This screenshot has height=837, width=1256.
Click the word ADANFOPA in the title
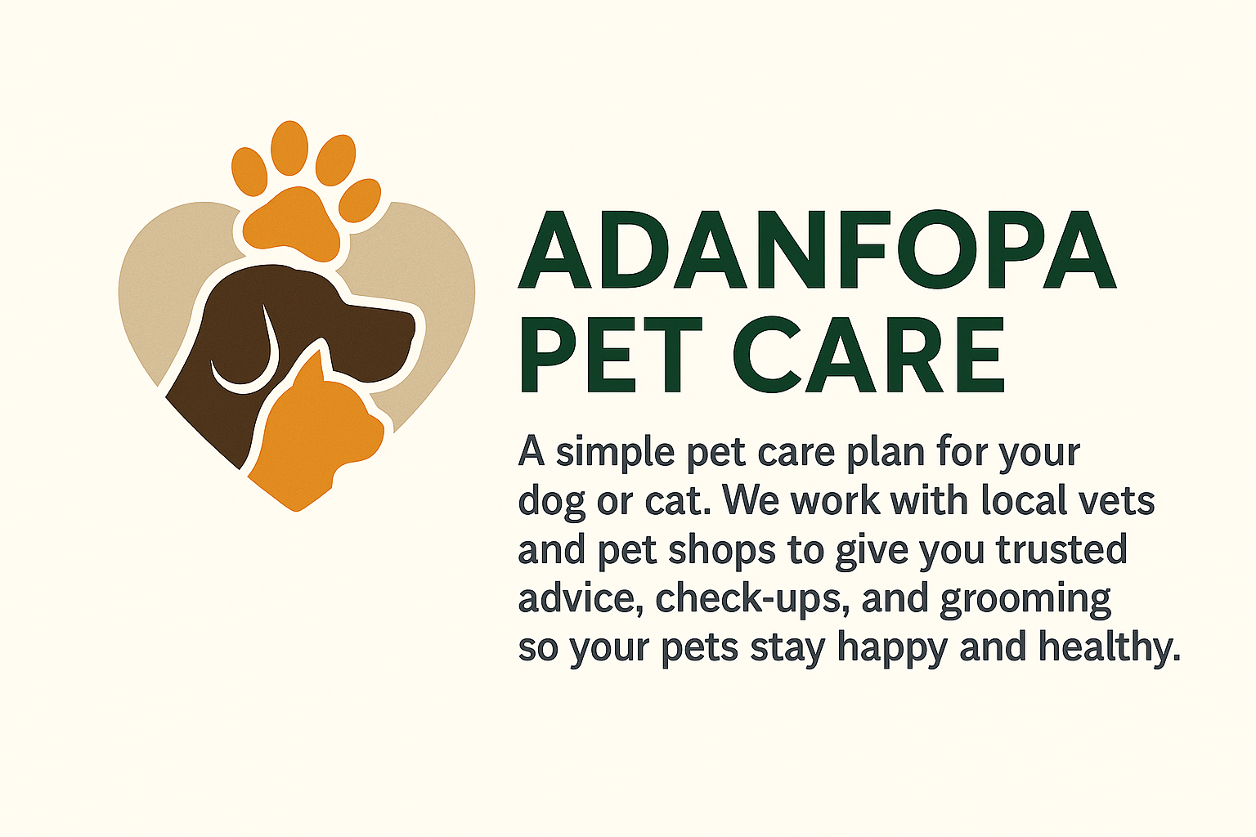(817, 249)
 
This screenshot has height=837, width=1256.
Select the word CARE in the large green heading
(868, 354)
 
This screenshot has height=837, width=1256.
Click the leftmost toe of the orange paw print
(249, 171)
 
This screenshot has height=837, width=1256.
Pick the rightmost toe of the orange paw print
(360, 200)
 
